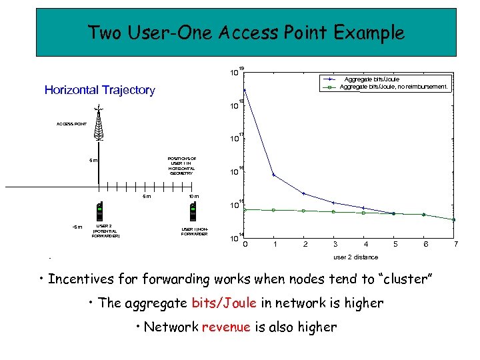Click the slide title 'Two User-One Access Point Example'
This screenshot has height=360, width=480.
pos(246,32)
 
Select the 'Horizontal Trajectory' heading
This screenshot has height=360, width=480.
pos(99,90)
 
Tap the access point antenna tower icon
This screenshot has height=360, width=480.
pos(99,124)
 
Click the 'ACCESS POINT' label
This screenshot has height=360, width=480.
pos(71,124)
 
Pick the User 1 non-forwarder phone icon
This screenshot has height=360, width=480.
pos(193,211)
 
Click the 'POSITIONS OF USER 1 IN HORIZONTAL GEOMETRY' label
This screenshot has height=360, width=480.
pos(181,165)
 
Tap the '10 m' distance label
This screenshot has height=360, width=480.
pos(194,197)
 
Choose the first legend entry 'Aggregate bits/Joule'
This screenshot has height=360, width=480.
pos(371,79)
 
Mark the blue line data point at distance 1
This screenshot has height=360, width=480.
pos(274,175)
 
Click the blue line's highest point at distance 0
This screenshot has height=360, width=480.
pos(245,90)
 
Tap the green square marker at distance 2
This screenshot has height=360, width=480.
pos(304,211)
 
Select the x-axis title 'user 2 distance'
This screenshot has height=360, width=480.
pos(355,257)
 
